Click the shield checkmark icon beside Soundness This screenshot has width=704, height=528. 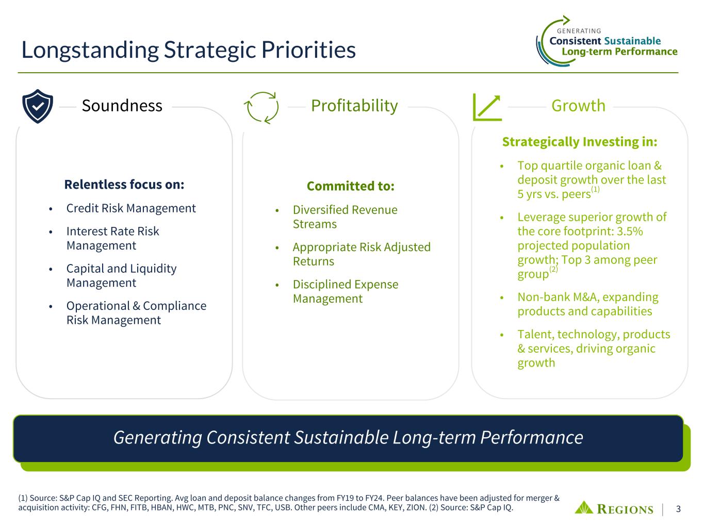point(38,106)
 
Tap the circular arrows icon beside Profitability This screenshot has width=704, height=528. point(261,108)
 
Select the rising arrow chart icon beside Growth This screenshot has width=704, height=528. point(487,107)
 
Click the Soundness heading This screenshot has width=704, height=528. point(122,106)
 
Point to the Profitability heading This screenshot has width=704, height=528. point(354,106)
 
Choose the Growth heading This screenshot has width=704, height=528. point(578,106)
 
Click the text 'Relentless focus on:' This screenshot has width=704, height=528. point(124,184)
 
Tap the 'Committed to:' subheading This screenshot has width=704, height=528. point(351,186)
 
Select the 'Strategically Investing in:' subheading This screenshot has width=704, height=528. point(580,142)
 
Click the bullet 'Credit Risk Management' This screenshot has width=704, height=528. point(131,208)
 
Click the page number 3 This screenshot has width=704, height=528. point(678,509)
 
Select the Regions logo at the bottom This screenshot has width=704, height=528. point(614,508)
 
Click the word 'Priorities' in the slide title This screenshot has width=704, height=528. point(308,50)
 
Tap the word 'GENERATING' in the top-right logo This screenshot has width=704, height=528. point(579,31)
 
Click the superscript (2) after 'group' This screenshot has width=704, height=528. point(553,269)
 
